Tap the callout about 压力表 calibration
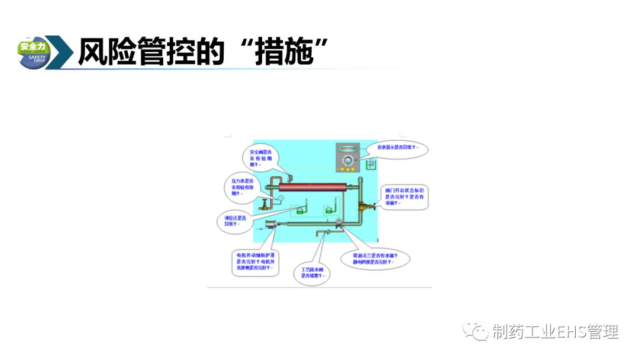click(242, 187)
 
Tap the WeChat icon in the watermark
click(476, 331)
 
